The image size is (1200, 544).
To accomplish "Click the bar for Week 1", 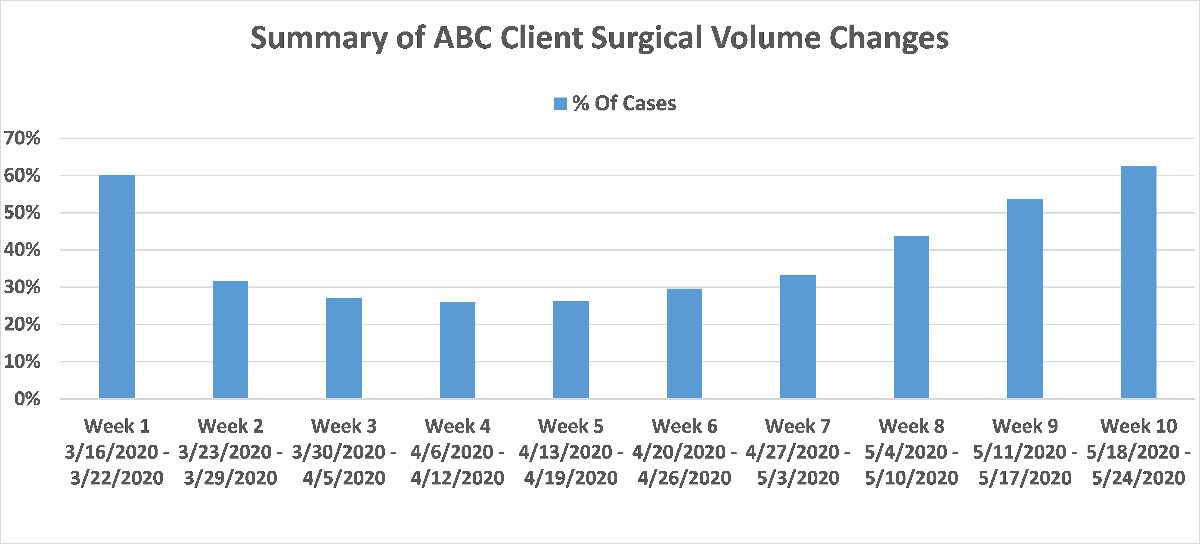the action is point(117,287).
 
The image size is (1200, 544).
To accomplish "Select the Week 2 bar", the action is point(230,340).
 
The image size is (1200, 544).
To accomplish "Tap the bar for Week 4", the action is point(457,350).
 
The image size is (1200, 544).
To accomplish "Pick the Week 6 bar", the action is point(684,343).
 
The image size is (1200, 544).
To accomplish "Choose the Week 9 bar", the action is point(1025,299).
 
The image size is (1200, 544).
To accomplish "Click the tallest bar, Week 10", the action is point(1138,282).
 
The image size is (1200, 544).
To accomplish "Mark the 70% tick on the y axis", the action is point(22,138).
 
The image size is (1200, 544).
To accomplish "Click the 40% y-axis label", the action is point(22,250).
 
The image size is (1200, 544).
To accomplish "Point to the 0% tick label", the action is point(27,399).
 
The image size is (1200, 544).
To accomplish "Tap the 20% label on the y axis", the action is point(22,324).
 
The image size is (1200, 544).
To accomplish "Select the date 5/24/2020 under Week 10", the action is point(1138,478).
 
